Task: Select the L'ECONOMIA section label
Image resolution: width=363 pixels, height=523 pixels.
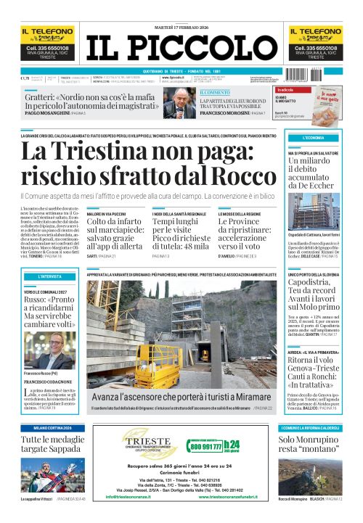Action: (x=314, y=137)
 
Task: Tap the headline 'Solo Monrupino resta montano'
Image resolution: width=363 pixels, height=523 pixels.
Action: (x=311, y=445)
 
